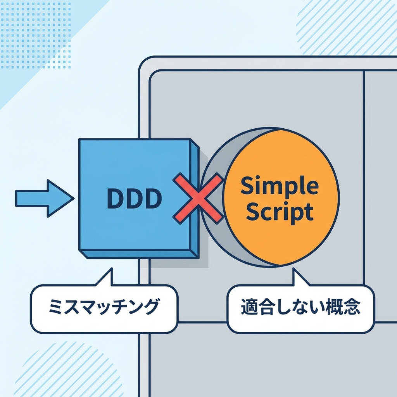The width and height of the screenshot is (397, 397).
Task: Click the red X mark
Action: pos(198,198)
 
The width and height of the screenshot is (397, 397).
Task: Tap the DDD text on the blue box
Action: pos(134,199)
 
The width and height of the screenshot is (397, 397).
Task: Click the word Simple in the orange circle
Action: pos(279,187)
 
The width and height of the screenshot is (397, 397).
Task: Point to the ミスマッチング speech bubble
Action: pos(104,309)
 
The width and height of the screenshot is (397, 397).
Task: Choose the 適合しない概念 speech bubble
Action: pos(300,309)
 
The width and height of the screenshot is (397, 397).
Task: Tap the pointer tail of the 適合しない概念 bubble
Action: pos(299,278)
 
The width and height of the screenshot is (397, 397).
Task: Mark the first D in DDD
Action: pos(115,199)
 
